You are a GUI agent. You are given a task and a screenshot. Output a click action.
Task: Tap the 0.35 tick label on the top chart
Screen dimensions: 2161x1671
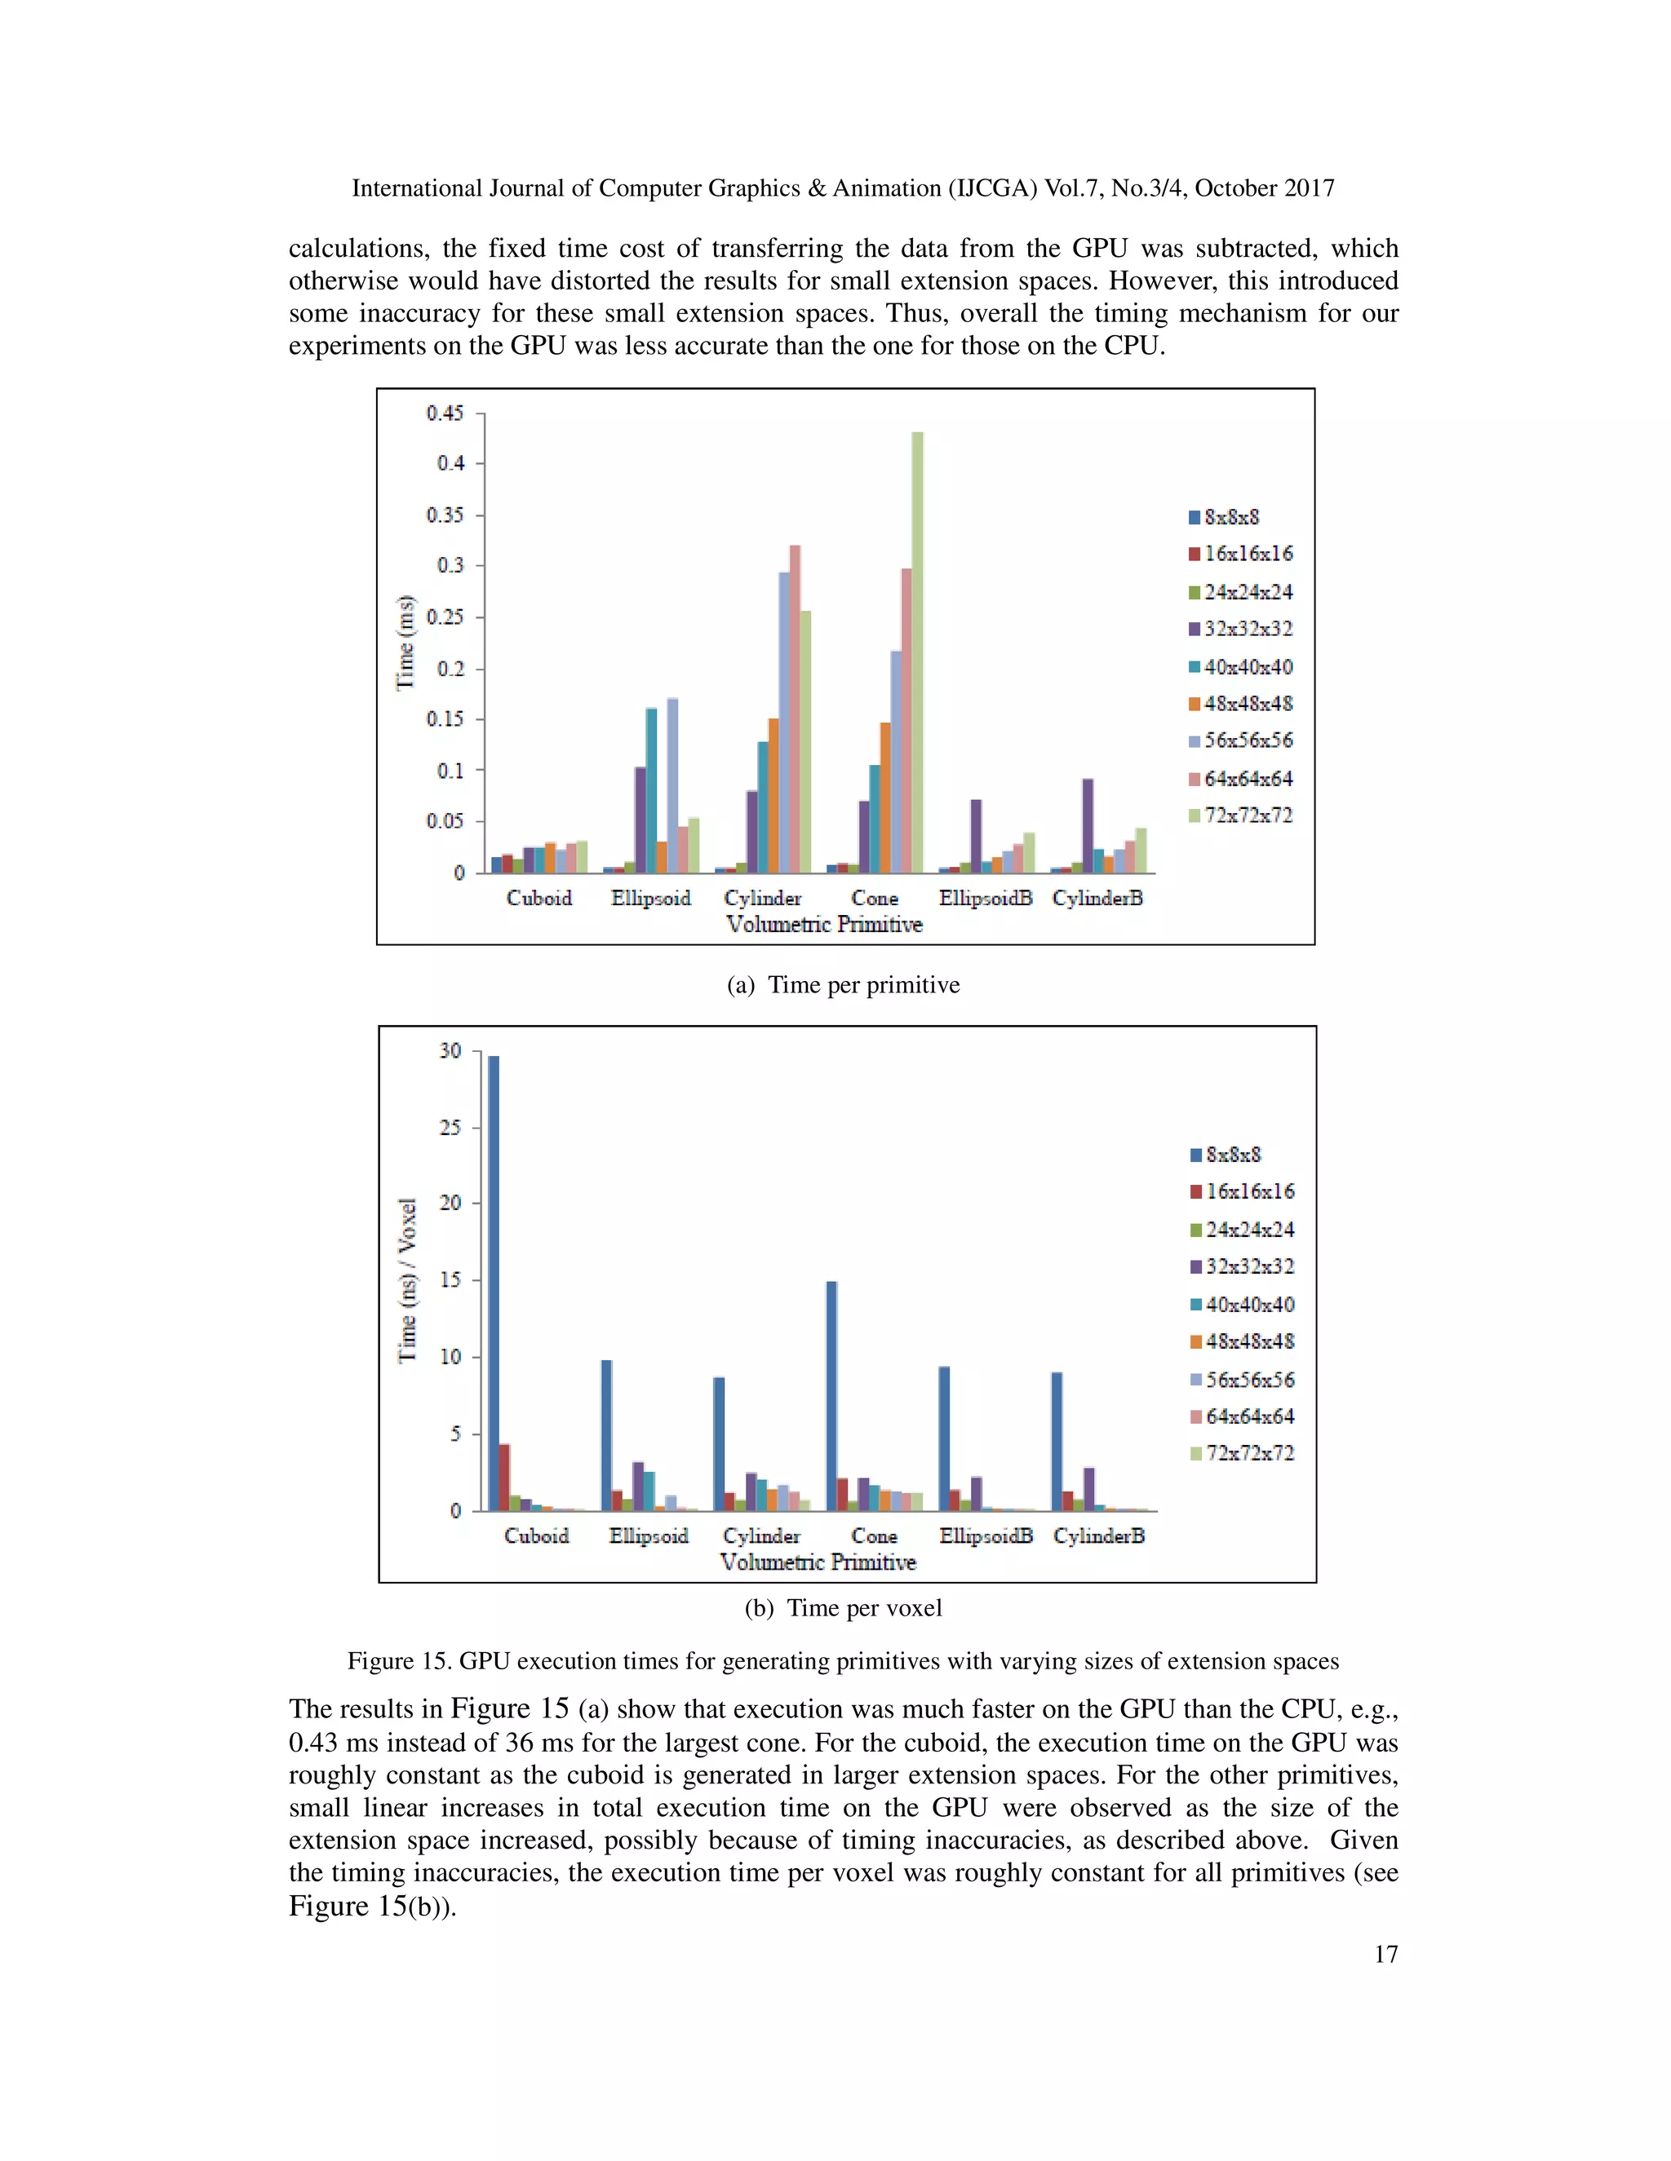(x=445, y=515)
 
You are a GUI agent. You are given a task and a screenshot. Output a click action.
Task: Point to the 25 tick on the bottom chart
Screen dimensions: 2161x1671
(x=450, y=1127)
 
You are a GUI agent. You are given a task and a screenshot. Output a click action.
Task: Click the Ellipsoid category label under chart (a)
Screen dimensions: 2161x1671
(x=650, y=899)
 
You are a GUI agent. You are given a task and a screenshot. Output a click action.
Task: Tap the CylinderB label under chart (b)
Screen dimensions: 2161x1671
(x=1099, y=1536)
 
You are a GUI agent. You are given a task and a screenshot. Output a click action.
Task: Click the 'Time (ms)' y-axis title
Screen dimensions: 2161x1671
(x=405, y=643)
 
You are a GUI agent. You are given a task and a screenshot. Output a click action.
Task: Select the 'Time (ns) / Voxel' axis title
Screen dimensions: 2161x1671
(x=407, y=1280)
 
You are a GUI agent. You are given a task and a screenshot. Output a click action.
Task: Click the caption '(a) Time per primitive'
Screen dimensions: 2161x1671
(x=844, y=984)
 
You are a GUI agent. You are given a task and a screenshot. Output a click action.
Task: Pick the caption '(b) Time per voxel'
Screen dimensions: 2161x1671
(x=844, y=1608)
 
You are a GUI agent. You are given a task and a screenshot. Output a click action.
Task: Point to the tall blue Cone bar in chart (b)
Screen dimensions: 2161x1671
(x=831, y=1395)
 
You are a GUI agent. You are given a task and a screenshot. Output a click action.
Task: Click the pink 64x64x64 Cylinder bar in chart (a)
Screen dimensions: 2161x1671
(x=795, y=709)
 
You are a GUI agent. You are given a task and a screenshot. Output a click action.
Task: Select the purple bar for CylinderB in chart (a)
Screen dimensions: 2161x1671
(x=1088, y=825)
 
